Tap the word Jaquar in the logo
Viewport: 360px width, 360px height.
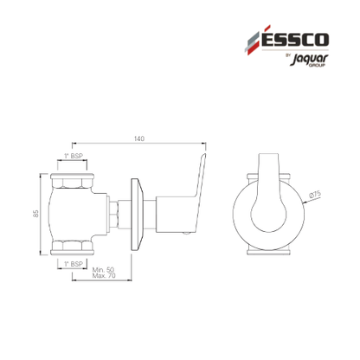[x=309, y=59]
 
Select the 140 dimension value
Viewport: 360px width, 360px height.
[x=139, y=138]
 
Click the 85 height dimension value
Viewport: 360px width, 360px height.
[x=35, y=214]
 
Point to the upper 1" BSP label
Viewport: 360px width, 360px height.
[x=74, y=156]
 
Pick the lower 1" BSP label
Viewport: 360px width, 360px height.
[x=74, y=264]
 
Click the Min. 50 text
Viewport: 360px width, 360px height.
[x=103, y=270]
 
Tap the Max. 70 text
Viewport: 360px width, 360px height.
[x=104, y=276]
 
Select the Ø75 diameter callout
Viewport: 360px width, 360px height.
[x=315, y=195]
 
